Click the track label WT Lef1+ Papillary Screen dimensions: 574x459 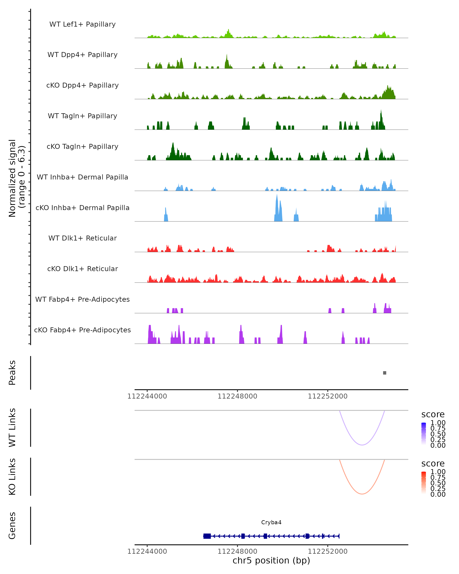(x=82, y=24)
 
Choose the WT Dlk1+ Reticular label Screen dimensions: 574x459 (x=82, y=238)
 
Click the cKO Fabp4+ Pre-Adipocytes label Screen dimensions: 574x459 (x=82, y=330)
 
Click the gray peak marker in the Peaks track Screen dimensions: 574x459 (x=384, y=373)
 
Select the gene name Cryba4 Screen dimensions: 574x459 (x=271, y=522)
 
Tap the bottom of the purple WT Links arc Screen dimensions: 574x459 (x=362, y=445)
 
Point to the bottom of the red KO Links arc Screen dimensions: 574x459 (x=362, y=494)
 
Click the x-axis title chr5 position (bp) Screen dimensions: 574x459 (x=271, y=560)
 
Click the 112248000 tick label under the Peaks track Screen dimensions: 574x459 (x=237, y=396)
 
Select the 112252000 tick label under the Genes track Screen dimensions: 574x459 (x=328, y=551)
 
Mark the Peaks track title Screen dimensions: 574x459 (x=12, y=373)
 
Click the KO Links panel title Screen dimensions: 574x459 (x=12, y=477)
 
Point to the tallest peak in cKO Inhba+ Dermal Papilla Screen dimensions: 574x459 (x=277, y=196)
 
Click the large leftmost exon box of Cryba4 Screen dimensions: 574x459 (x=207, y=536)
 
